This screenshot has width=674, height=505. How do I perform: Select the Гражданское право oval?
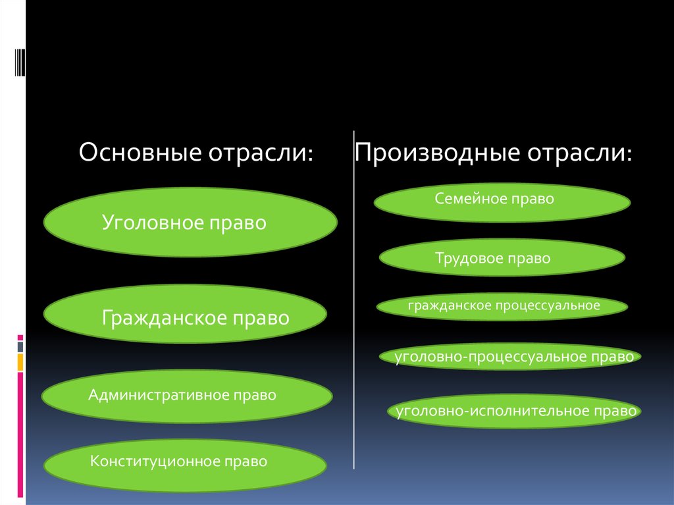click(x=185, y=318)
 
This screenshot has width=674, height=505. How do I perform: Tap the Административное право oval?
click(x=186, y=396)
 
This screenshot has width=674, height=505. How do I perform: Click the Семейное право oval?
click(x=502, y=202)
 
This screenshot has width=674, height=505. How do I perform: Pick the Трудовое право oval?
click(x=502, y=257)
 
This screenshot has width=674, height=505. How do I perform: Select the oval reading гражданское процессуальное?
click(x=502, y=306)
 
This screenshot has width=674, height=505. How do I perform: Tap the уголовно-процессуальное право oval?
click(x=510, y=357)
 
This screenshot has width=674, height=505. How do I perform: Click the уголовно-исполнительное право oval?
click(x=513, y=411)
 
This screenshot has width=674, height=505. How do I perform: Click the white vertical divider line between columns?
click(x=354, y=296)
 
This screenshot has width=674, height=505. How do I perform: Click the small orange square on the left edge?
click(x=20, y=361)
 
